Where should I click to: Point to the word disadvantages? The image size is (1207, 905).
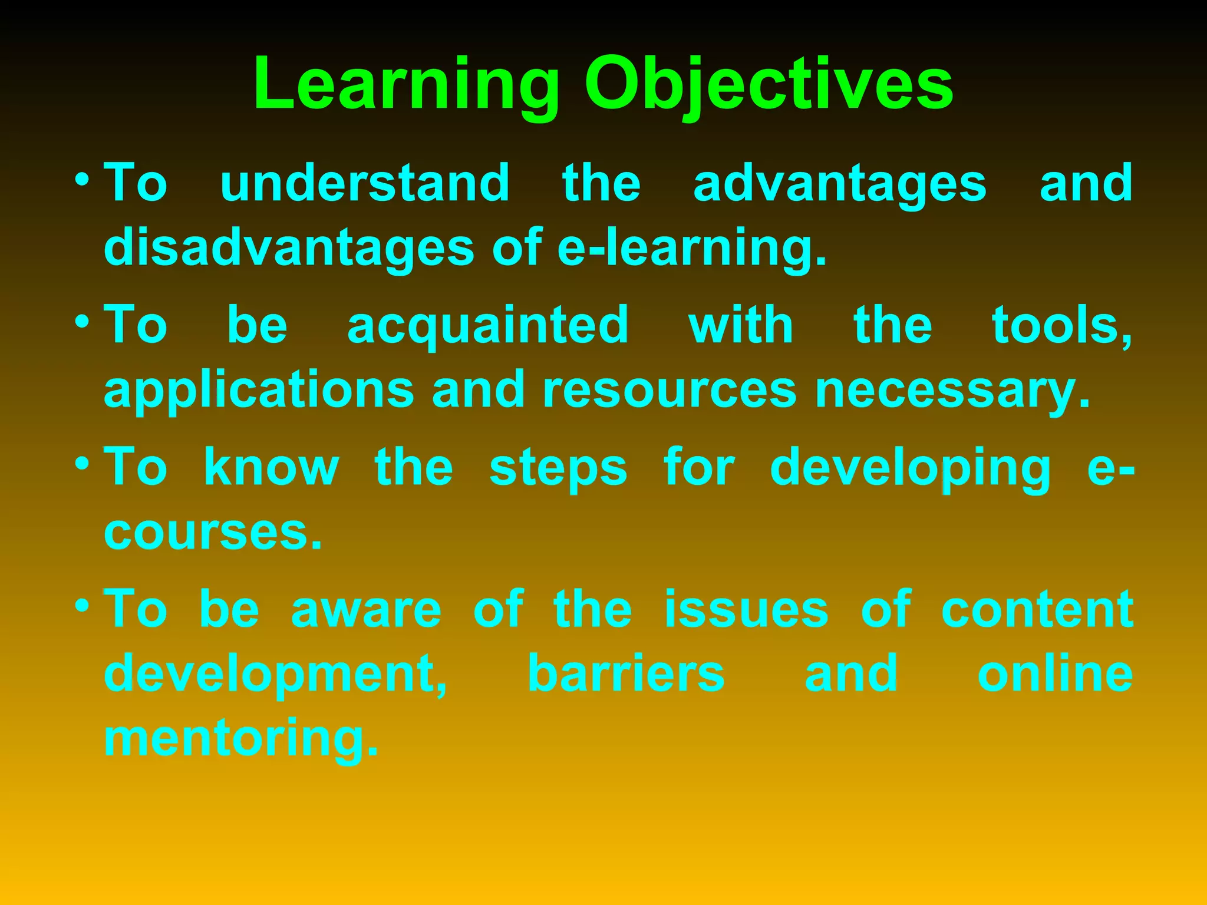[289, 247]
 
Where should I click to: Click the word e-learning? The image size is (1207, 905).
[692, 247]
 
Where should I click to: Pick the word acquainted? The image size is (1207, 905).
[488, 325]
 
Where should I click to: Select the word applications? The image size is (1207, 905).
[259, 390]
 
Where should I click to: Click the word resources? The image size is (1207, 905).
[670, 390]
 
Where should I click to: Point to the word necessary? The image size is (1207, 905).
[952, 390]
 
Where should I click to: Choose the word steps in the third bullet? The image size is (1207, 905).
[558, 468]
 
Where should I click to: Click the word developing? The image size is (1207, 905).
[911, 468]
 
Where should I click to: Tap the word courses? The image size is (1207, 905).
[213, 532]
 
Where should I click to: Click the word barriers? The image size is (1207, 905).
[626, 673]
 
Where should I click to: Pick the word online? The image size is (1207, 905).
[1055, 673]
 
